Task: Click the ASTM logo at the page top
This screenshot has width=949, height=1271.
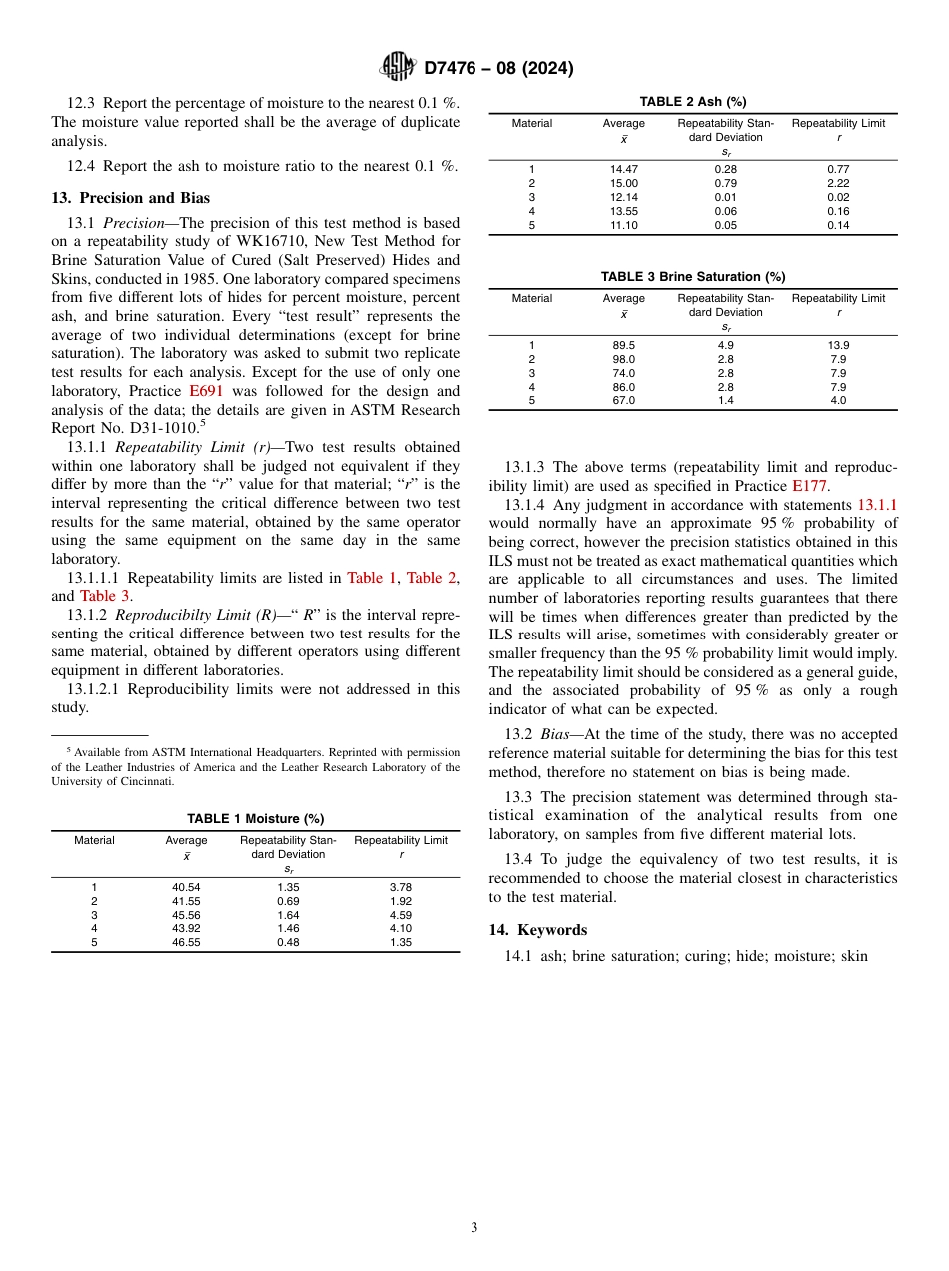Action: [x=398, y=67]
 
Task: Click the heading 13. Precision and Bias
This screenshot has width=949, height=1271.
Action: [x=130, y=198]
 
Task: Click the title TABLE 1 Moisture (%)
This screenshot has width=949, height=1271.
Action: [x=255, y=818]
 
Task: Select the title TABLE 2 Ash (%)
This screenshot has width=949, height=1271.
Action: [x=692, y=102]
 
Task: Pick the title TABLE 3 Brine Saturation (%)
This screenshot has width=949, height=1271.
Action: [x=692, y=276]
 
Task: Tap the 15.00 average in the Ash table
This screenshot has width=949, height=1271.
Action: [x=624, y=184]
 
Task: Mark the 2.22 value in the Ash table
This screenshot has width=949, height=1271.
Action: [x=838, y=184]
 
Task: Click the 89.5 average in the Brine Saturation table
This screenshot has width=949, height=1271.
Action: [x=624, y=345]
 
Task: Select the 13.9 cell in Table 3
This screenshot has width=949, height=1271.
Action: [x=838, y=345]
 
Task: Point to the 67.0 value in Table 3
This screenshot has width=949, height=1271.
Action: [x=624, y=400]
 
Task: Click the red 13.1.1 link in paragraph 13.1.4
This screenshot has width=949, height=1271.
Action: [x=877, y=505]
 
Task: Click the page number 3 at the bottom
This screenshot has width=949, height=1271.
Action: [x=474, y=1228]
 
